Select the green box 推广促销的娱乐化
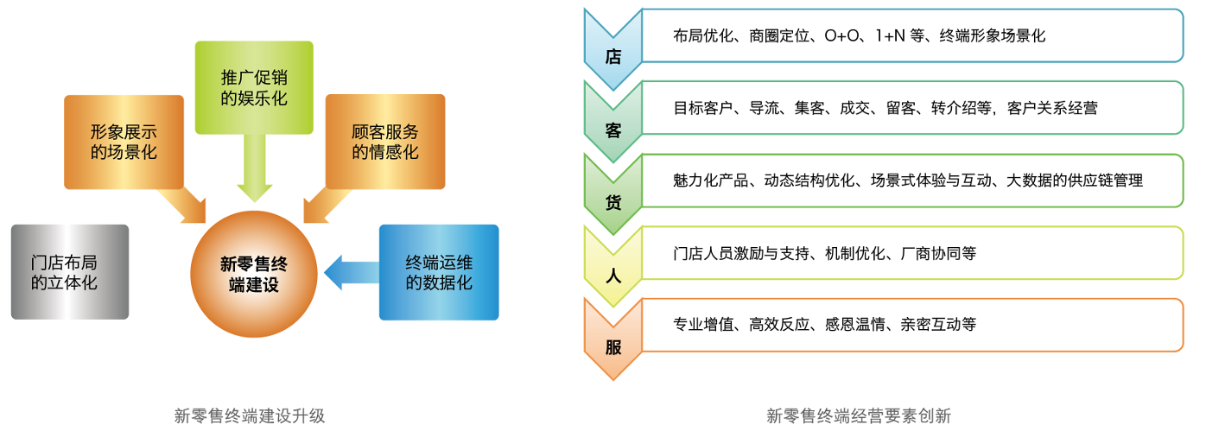click(x=254, y=87)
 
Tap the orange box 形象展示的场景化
click(x=124, y=142)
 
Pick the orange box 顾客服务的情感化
click(x=385, y=142)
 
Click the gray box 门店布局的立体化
click(x=70, y=271)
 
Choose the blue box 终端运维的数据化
click(x=439, y=271)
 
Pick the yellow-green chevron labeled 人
click(x=613, y=273)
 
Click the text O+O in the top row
click(x=843, y=36)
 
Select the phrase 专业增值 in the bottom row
click(x=703, y=325)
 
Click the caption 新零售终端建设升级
click(x=250, y=415)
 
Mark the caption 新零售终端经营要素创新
click(x=859, y=415)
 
